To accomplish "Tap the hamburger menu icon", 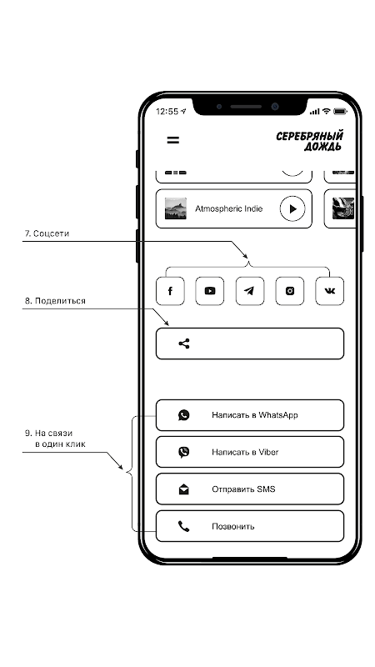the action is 173,140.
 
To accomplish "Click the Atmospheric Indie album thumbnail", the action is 176,208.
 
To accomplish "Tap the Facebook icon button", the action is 170,291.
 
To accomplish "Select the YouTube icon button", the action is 210,291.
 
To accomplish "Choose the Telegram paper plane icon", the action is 249,291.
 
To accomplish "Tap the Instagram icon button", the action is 289,291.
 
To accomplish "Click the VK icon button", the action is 329,291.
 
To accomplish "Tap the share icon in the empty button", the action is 184,344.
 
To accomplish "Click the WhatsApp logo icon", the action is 184,415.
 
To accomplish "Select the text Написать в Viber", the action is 245,452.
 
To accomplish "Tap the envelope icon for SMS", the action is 184,489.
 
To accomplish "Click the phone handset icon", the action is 183,527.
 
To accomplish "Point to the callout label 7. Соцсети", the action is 47,233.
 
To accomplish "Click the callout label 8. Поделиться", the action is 55,301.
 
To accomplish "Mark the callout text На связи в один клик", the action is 55,439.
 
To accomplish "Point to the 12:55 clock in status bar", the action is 167,112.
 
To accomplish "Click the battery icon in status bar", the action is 341,112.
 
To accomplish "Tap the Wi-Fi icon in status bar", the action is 326,112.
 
